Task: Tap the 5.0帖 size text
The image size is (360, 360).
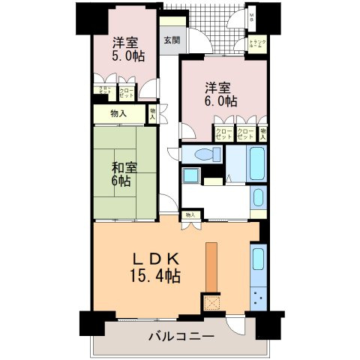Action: click(129, 56)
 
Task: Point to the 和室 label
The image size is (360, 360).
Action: click(124, 166)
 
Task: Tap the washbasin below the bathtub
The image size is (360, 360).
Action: click(258, 199)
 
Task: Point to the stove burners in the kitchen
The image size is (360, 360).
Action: click(259, 298)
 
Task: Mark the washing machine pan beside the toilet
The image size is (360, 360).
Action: click(191, 176)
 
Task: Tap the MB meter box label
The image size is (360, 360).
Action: click(252, 16)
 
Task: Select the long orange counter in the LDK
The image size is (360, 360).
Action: click(212, 267)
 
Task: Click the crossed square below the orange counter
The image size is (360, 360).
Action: click(211, 303)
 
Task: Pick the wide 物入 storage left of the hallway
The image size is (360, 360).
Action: click(118, 113)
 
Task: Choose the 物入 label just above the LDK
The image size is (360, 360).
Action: click(190, 214)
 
